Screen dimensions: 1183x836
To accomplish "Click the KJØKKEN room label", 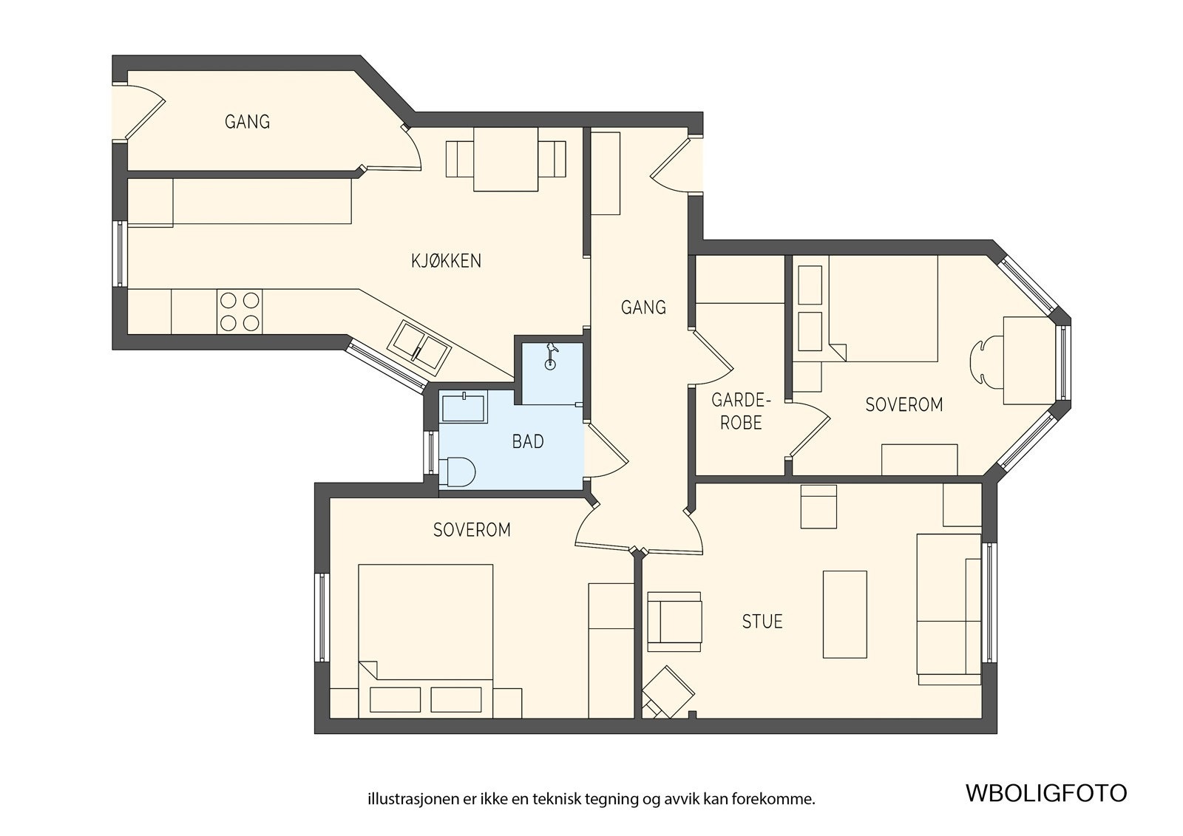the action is (447, 261).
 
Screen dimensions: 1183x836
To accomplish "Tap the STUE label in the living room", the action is (762, 622).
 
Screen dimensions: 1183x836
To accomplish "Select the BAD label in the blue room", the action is (528, 441).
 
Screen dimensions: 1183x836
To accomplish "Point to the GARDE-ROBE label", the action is (741, 412).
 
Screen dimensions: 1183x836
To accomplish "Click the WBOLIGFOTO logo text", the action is (1046, 794).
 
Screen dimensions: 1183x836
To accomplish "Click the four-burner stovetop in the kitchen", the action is (240, 312).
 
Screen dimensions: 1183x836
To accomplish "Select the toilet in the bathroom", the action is (458, 472).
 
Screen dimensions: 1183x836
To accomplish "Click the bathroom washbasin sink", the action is (464, 407).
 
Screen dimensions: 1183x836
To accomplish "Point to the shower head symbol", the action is (551, 356).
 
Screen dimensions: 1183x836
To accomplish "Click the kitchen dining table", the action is (506, 159).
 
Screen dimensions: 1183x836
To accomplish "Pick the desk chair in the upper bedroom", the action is (986, 361).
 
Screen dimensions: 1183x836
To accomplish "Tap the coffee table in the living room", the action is (845, 614).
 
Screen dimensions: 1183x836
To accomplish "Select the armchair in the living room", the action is (674, 622).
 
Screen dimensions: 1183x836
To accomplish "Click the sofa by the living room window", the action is (949, 609).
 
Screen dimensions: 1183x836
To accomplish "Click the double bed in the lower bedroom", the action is (426, 641).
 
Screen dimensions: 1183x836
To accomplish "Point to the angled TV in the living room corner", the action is (668, 692).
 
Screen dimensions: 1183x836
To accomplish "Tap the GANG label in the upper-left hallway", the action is (247, 122).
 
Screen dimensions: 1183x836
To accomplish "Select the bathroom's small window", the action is (432, 452).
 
